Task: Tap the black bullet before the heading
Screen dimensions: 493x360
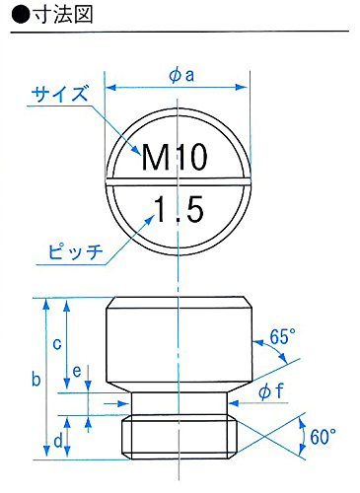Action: tap(12, 16)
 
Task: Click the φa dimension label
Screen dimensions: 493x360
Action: tap(180, 74)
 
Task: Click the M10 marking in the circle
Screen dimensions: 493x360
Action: tap(179, 156)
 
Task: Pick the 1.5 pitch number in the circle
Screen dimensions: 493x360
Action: tap(179, 209)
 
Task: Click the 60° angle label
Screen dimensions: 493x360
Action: tap(323, 434)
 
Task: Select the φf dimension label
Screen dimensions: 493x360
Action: tap(272, 391)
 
